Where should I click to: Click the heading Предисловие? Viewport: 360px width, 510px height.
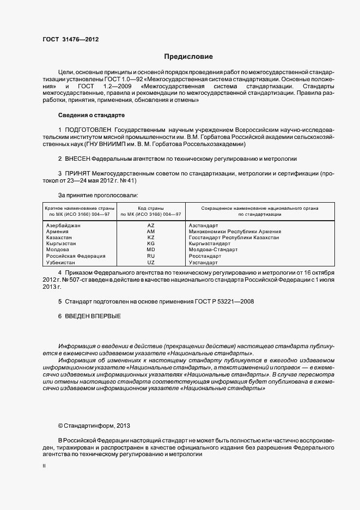pyautogui.click(x=189, y=56)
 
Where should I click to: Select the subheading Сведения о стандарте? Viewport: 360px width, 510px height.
pyautogui.click(x=91, y=116)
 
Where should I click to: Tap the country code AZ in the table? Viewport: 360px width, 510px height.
pyautogui.click(x=151, y=225)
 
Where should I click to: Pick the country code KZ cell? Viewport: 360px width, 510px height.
pyautogui.click(x=151, y=238)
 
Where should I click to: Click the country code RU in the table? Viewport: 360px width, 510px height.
pyautogui.click(x=151, y=256)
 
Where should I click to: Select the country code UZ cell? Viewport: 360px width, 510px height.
pyautogui.click(x=151, y=263)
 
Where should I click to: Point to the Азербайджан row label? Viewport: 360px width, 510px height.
pyautogui.click(x=63, y=225)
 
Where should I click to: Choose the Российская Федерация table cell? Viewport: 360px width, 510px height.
pyautogui.click(x=75, y=256)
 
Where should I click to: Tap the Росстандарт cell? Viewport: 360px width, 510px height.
pyautogui.click(x=205, y=256)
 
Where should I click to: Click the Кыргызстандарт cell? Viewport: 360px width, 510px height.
pyautogui.click(x=209, y=244)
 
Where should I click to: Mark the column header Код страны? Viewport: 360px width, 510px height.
pyautogui.click(x=151, y=208)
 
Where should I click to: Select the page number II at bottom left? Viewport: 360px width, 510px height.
pyautogui.click(x=44, y=466)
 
